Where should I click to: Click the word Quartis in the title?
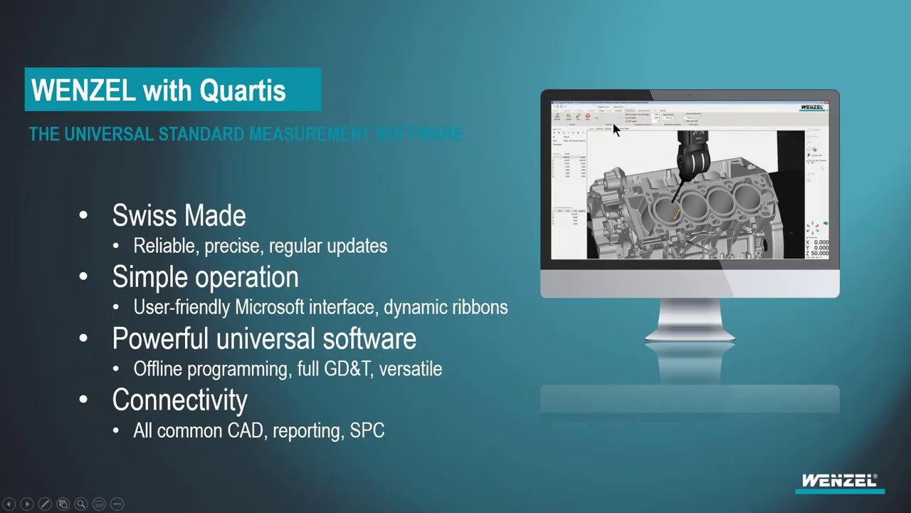(x=243, y=90)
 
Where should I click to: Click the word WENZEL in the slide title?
(x=83, y=90)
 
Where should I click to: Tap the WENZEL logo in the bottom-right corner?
(x=840, y=482)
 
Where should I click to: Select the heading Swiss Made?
(x=179, y=216)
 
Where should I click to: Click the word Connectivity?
(x=179, y=400)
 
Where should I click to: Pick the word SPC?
(x=367, y=430)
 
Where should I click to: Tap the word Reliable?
(x=165, y=246)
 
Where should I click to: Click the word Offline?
(x=160, y=368)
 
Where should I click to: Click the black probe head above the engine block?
(x=690, y=153)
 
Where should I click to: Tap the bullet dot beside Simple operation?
(x=83, y=277)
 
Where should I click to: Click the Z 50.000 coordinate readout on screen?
(x=817, y=254)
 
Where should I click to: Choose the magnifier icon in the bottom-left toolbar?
(x=81, y=504)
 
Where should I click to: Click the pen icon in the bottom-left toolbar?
(x=44, y=504)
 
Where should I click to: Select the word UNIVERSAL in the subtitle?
(x=109, y=134)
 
